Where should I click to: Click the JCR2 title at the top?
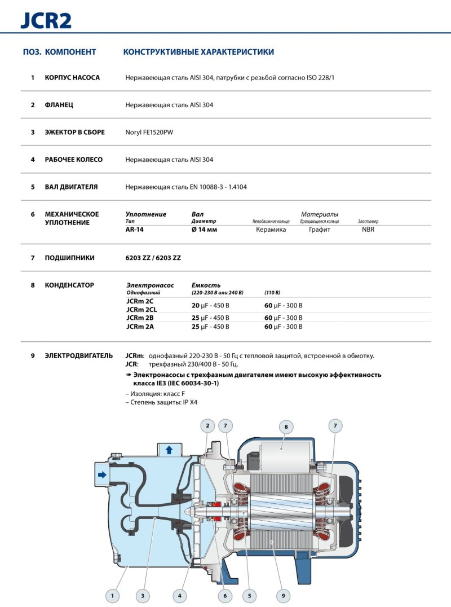(x=46, y=21)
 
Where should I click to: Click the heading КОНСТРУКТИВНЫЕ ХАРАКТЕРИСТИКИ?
(x=198, y=52)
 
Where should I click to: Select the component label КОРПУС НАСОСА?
(x=72, y=78)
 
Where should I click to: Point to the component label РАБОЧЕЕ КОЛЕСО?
(x=74, y=160)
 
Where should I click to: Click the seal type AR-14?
(x=135, y=230)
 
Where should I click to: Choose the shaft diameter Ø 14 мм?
(x=205, y=230)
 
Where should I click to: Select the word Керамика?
(x=271, y=230)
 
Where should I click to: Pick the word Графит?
(x=319, y=230)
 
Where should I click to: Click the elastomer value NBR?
(x=368, y=230)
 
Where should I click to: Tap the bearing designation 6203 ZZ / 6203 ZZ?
(x=153, y=258)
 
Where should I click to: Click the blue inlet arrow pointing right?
(x=102, y=475)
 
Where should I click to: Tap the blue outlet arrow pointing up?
(x=169, y=450)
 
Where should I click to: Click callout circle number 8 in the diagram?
(x=286, y=427)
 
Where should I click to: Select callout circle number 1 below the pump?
(x=112, y=595)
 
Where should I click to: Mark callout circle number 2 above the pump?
(x=207, y=426)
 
